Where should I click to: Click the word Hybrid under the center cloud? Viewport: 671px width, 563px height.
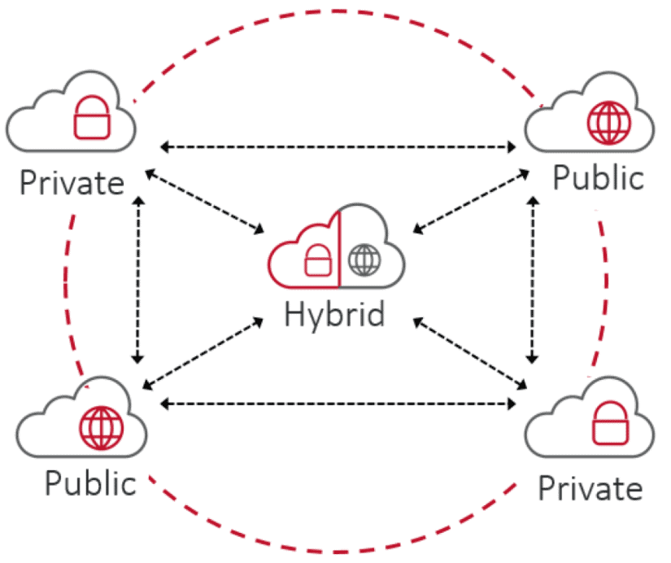pos(334,314)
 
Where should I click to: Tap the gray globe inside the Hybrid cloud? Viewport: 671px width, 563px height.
pos(363,260)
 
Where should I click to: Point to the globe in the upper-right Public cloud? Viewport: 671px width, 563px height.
pos(608,123)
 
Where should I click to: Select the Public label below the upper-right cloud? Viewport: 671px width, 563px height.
pos(598,177)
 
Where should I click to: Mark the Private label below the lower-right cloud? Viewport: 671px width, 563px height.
pos(591,488)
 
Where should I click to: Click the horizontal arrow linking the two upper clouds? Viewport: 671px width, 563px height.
pos(338,147)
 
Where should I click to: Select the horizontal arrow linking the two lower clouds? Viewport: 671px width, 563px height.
pos(338,403)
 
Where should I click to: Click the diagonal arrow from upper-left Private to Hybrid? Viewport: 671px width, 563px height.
pos(203,200)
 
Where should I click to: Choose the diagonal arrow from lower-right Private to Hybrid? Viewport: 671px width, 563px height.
pos(468,351)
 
